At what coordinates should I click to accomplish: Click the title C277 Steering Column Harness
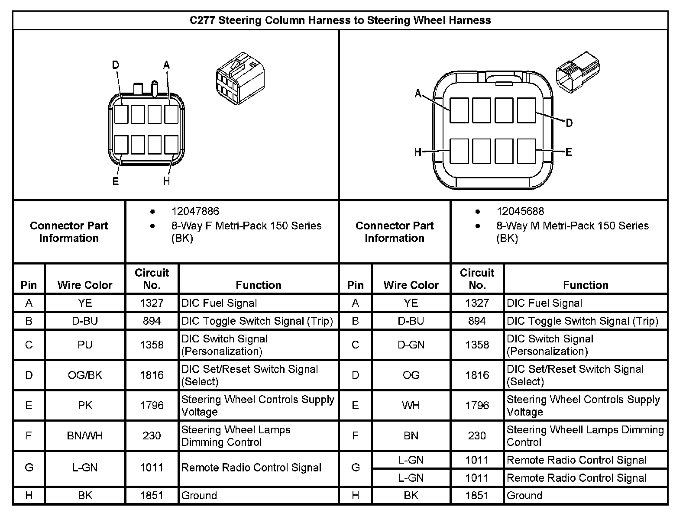pyautogui.click(x=340, y=20)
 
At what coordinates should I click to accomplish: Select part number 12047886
pyautogui.click(x=195, y=211)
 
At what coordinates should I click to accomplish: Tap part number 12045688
pyautogui.click(x=520, y=211)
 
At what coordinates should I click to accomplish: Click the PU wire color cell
pyautogui.click(x=85, y=345)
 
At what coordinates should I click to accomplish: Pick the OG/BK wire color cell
pyautogui.click(x=85, y=375)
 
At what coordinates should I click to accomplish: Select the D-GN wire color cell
pyautogui.click(x=411, y=345)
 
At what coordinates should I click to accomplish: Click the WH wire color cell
pyautogui.click(x=411, y=406)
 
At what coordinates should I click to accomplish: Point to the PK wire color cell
pyautogui.click(x=85, y=406)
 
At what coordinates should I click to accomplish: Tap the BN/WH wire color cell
pyautogui.click(x=85, y=435)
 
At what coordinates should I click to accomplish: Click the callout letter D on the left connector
pyautogui.click(x=115, y=65)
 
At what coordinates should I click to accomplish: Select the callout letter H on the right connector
pyautogui.click(x=418, y=152)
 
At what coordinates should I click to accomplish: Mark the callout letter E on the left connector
pyautogui.click(x=115, y=181)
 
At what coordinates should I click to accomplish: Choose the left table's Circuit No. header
pyautogui.click(x=152, y=279)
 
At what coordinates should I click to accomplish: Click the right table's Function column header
pyautogui.click(x=586, y=285)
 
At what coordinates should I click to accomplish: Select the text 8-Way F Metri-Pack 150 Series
pyautogui.click(x=246, y=226)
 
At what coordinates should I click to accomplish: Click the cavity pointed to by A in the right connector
pyautogui.click(x=459, y=110)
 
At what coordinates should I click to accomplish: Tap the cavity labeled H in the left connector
pyautogui.click(x=171, y=145)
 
